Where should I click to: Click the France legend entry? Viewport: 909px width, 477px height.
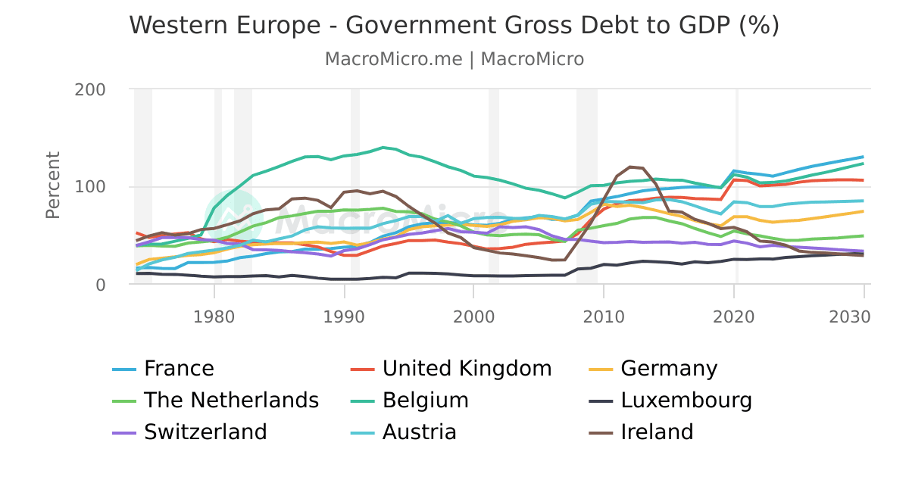179,369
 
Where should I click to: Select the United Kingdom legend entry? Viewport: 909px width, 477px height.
467,369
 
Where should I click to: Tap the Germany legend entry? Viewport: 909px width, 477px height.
668,369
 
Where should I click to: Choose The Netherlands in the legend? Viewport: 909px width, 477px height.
231,400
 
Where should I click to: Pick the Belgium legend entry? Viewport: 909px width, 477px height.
425,400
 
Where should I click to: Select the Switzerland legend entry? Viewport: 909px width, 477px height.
205,432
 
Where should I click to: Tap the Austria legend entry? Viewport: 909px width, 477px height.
419,432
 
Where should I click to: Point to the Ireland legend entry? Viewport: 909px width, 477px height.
657,432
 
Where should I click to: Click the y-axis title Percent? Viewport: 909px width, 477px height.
53,185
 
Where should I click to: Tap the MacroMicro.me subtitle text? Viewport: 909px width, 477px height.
394,59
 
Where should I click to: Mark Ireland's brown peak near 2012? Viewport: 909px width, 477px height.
630,167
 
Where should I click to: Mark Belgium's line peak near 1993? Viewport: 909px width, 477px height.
383,148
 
